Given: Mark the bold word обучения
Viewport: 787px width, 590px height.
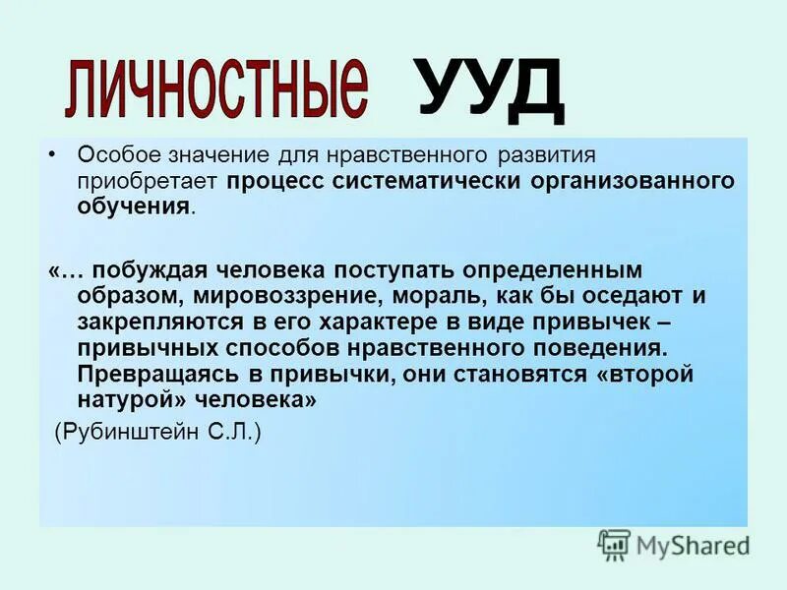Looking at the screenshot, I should point(134,206).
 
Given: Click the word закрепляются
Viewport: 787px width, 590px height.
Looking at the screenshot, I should point(156,323).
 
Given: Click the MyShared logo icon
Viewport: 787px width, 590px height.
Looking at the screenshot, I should point(614,544).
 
